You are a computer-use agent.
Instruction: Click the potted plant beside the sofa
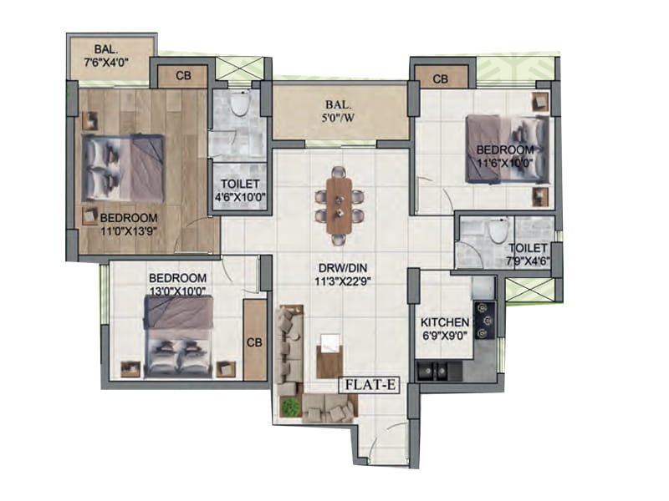pyautogui.click(x=290, y=407)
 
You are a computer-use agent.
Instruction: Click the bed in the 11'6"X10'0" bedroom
pyautogui.click(x=507, y=148)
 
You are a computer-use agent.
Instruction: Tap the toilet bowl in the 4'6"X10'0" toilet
pyautogui.click(x=240, y=105)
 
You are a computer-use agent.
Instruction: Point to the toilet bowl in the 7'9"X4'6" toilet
pyautogui.click(x=498, y=230)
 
